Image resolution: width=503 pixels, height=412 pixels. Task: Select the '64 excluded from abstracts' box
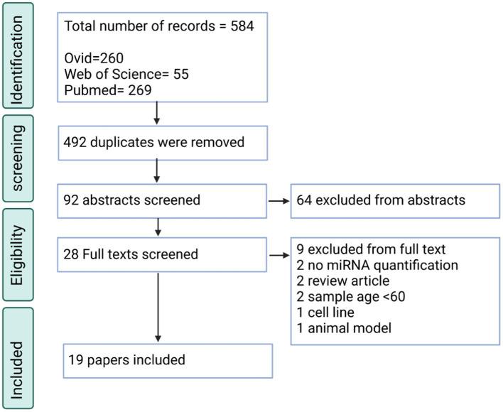(x=395, y=200)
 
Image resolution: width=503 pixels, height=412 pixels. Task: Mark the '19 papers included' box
(x=168, y=360)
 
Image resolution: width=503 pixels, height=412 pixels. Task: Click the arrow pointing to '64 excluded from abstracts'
(x=278, y=200)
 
